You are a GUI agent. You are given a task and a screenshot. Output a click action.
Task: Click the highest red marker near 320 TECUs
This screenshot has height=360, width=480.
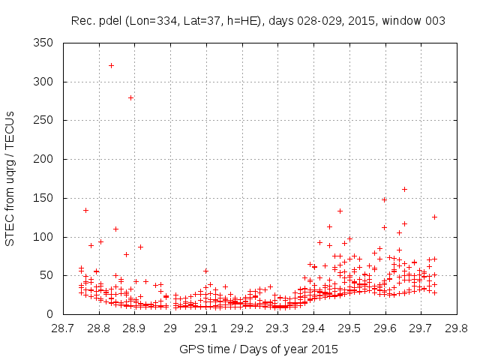111,65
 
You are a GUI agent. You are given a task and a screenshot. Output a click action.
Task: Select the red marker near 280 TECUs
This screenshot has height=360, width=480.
130,97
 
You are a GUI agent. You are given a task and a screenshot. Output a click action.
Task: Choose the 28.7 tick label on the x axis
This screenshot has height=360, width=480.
63,328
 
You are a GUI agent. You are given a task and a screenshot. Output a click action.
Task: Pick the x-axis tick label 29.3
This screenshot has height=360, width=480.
277,328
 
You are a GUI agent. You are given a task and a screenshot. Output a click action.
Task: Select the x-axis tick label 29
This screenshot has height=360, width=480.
170,328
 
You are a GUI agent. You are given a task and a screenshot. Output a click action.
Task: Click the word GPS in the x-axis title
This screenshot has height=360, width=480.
190,349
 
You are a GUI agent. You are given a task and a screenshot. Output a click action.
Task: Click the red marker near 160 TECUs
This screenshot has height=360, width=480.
404,189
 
